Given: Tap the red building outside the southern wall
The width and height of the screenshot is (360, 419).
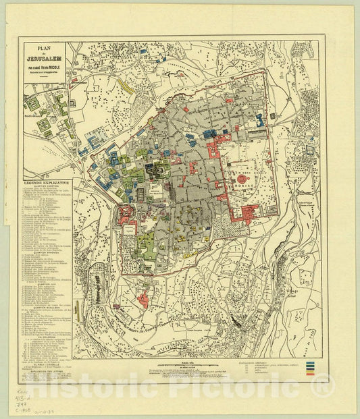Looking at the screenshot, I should [x=144, y=298].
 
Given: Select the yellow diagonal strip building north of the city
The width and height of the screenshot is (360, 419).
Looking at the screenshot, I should [x=126, y=84].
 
